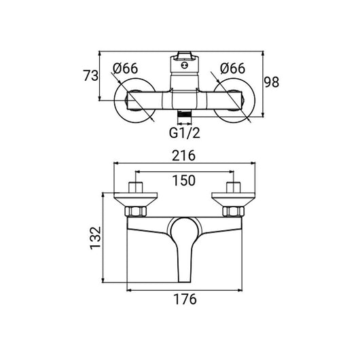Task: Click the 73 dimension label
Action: [x=91, y=76]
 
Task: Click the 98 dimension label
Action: [x=272, y=82]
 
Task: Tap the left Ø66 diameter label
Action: [x=126, y=68]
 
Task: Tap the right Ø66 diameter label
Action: [x=232, y=68]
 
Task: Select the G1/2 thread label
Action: [x=185, y=132]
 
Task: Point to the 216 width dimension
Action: [x=183, y=156]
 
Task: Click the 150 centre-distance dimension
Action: [x=183, y=180]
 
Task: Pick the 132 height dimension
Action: [x=95, y=238]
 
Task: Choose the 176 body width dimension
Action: [x=185, y=299]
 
